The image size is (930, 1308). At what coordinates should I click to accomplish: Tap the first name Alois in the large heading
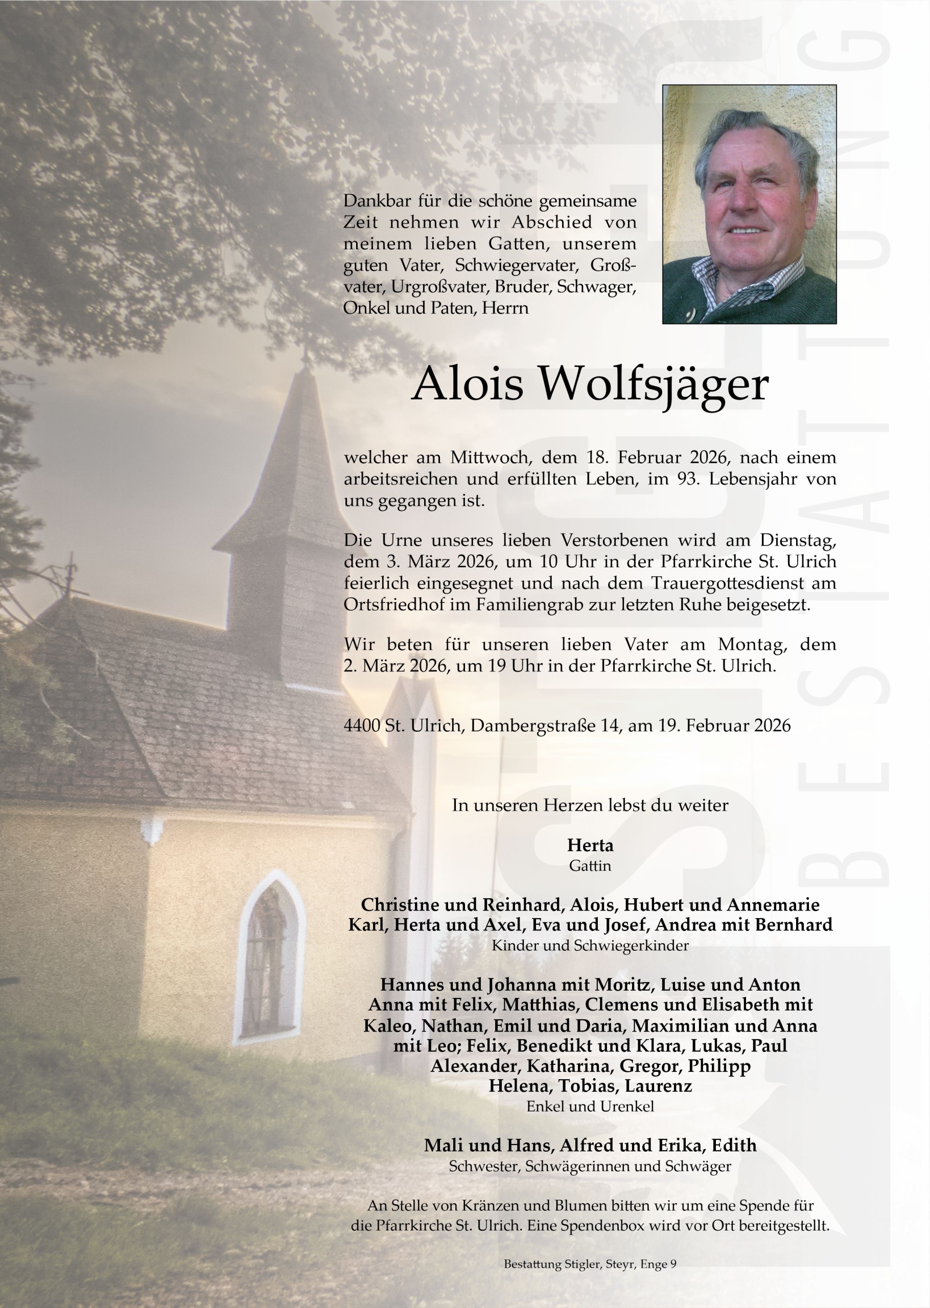467,384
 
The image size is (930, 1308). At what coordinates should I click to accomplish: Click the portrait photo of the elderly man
749,204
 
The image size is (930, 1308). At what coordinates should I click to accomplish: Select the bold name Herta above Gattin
590,845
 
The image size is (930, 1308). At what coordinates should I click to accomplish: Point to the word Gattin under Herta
590,866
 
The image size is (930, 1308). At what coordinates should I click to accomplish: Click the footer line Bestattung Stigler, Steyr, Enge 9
590,1264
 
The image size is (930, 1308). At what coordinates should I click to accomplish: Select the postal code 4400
362,726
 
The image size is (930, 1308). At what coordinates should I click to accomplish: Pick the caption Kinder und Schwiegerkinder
590,945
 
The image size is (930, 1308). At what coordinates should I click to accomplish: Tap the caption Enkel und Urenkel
590,1106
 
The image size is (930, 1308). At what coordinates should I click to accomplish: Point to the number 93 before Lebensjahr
687,479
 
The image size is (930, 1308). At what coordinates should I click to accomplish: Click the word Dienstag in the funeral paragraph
798,540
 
